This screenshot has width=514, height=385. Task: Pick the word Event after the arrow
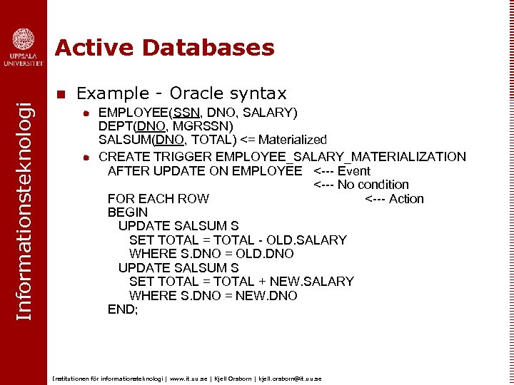(354, 170)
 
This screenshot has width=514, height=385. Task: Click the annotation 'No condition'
(373, 185)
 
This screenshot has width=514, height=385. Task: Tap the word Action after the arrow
(406, 199)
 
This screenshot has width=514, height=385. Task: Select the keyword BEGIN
(128, 212)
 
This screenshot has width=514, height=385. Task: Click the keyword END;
(123, 309)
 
